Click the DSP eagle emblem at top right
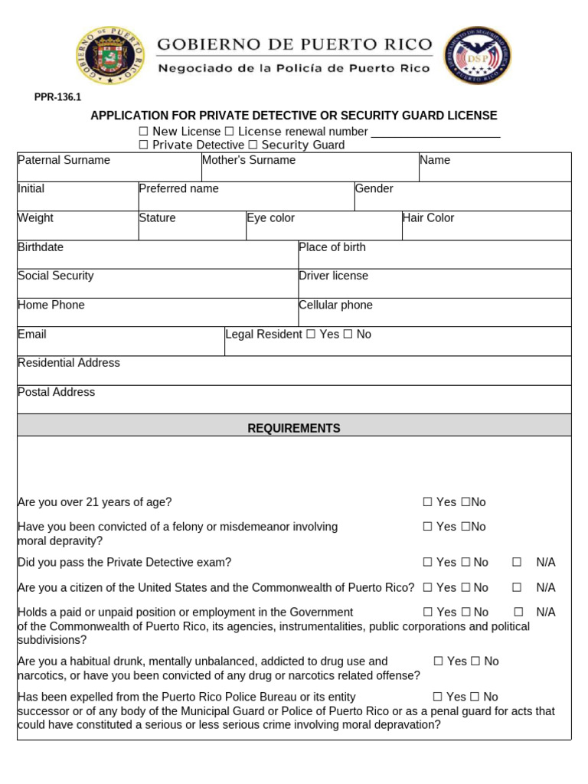pos(478,55)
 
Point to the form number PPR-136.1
pos(57,97)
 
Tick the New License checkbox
pos(143,132)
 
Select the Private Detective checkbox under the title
pos(143,145)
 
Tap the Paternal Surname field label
pos(64,160)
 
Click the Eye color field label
pos(270,218)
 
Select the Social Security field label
pos(55,276)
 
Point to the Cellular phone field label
pos(335,305)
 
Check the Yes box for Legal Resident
pos(310,335)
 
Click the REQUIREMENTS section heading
pos(294,428)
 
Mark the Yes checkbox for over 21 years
pos(427,502)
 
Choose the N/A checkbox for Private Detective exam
pos(517,562)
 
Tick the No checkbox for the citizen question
pos(465,587)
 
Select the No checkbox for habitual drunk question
pos(475,661)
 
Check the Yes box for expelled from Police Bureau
pos(437,697)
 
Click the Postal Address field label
pos(56,392)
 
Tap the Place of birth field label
pos(332,247)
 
